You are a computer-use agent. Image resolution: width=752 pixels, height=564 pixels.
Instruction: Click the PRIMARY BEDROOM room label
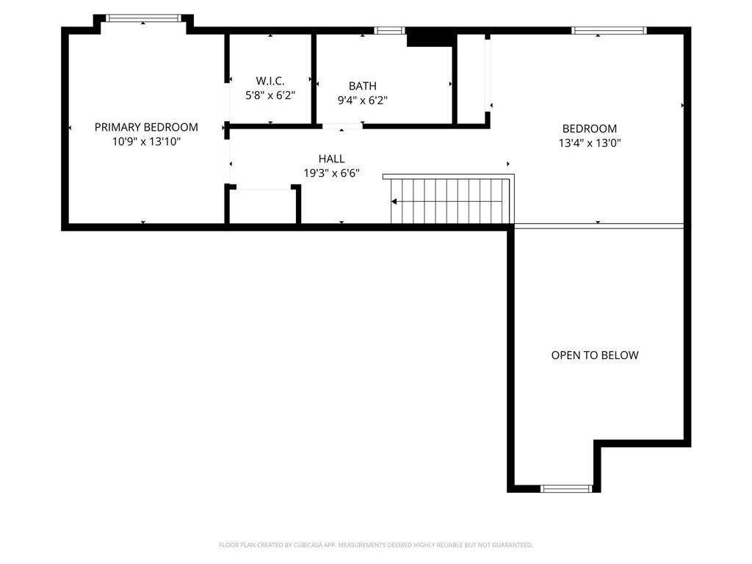point(146,127)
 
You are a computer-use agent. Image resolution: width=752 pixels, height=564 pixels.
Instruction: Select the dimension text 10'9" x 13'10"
point(146,142)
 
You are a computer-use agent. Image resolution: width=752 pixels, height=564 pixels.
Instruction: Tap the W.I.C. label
point(270,80)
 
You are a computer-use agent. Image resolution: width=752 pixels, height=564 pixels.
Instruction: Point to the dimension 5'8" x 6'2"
point(270,95)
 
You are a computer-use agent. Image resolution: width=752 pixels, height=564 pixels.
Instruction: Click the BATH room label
point(362,86)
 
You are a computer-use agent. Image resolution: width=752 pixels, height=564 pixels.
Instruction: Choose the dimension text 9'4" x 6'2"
point(362,101)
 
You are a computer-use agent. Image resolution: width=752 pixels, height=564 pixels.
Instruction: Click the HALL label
point(331,159)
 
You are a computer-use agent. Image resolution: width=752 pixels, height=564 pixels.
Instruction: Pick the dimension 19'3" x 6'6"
point(331,173)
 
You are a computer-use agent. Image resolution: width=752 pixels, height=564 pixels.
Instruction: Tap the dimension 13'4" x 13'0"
point(590,143)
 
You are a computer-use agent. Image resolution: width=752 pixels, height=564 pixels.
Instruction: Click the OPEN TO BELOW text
point(595,355)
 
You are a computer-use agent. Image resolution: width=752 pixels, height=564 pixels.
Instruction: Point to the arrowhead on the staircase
point(395,201)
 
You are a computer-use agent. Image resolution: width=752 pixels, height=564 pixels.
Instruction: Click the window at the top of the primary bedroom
point(143,18)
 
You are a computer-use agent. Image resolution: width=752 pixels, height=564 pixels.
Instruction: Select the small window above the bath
point(389,30)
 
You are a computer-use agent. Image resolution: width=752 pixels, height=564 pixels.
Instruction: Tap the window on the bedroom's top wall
point(609,30)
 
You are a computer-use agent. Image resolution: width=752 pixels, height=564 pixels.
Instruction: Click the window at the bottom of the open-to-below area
point(566,488)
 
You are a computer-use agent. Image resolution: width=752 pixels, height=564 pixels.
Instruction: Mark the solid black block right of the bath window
point(430,37)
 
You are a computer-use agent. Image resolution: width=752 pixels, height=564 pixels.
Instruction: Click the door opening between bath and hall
point(342,126)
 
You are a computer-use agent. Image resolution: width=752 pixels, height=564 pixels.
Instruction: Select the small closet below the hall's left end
point(263,207)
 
